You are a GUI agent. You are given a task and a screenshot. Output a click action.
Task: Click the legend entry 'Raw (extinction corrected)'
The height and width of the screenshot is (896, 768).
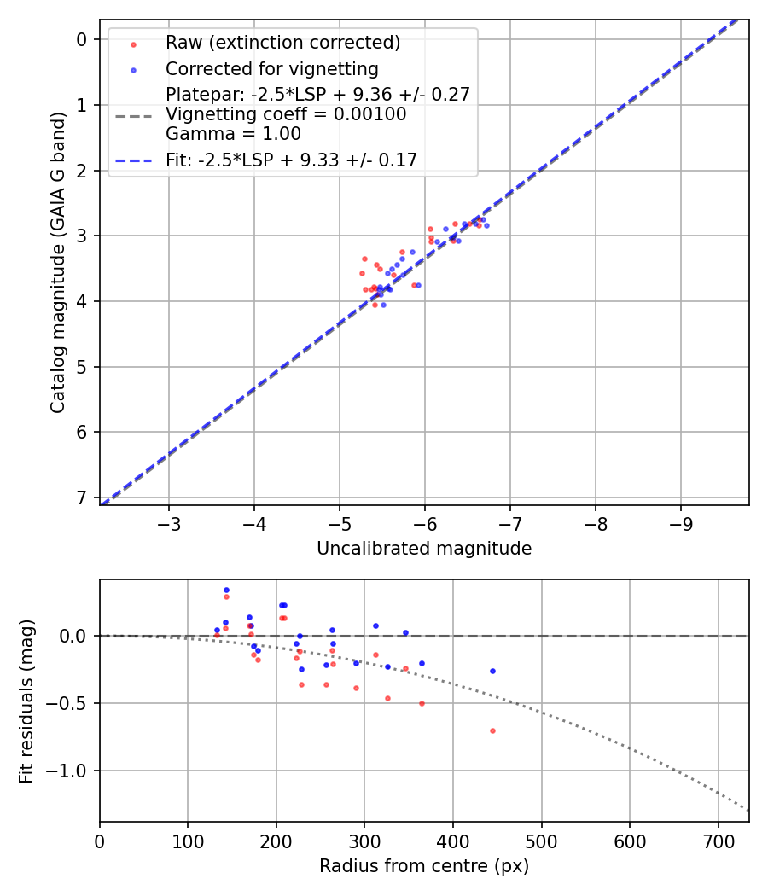282,43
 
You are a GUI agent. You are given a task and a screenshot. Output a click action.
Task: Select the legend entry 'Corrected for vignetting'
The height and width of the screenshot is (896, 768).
271,68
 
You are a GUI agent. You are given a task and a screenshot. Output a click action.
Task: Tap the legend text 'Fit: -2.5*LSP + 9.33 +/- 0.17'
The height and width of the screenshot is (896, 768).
291,160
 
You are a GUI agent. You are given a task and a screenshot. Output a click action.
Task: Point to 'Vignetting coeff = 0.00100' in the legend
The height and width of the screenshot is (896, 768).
286,114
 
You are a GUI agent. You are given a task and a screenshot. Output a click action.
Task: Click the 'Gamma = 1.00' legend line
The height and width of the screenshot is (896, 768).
233,134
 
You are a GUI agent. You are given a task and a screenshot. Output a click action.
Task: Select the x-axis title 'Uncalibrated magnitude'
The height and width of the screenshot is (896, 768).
424,549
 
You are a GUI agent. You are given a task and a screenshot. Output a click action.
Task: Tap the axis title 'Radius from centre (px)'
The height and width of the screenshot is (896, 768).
424,866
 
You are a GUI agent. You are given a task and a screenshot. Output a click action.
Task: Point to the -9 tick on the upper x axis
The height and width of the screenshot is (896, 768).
680,521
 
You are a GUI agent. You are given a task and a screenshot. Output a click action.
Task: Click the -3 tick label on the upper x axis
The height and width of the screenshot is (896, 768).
169,521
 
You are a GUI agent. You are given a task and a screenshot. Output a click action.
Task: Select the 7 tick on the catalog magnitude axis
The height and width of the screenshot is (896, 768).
82,497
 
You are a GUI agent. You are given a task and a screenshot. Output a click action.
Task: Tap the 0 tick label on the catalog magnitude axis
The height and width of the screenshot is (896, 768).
82,39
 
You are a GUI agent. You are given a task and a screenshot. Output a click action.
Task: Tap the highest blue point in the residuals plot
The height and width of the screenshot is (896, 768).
226,590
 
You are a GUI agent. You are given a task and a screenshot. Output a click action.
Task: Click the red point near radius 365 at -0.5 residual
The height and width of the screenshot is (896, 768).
422,703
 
